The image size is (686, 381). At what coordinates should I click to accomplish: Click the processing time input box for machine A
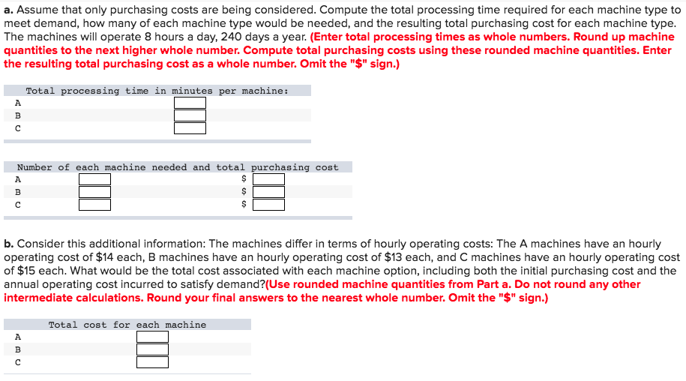click(x=190, y=103)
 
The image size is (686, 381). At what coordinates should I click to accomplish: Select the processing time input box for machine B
click(x=190, y=115)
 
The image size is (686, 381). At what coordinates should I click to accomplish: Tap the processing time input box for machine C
click(x=190, y=128)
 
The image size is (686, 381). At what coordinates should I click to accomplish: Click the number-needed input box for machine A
click(x=94, y=179)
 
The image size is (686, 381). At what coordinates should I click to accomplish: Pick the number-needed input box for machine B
click(x=94, y=192)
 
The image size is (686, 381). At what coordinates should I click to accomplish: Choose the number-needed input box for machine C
click(x=94, y=205)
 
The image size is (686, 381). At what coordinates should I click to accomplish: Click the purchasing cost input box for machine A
click(x=268, y=179)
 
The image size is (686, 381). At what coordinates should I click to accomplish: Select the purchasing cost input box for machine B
click(x=268, y=192)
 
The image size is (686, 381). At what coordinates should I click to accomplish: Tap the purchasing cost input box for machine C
click(x=268, y=205)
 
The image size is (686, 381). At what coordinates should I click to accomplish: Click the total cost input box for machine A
click(x=152, y=337)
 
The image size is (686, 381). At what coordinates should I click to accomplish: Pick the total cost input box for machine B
click(x=152, y=349)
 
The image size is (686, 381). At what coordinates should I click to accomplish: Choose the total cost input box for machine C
click(x=152, y=362)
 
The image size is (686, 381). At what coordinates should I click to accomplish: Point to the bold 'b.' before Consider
click(x=9, y=244)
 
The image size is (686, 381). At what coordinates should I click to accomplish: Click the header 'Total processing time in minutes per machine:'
click(x=157, y=91)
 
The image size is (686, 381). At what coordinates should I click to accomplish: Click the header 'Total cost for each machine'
click(x=127, y=325)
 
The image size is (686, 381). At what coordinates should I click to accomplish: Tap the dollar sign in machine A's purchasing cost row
click(x=243, y=179)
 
